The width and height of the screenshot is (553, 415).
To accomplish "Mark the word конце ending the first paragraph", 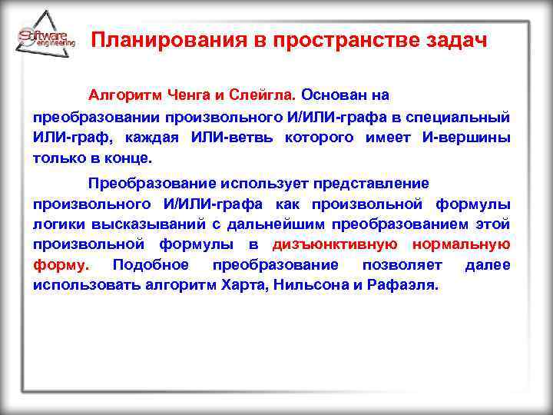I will pos(127,158).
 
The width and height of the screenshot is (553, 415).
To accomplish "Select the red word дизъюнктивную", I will pos(335,245).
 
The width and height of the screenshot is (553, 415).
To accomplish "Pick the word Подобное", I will pos(150,265).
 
